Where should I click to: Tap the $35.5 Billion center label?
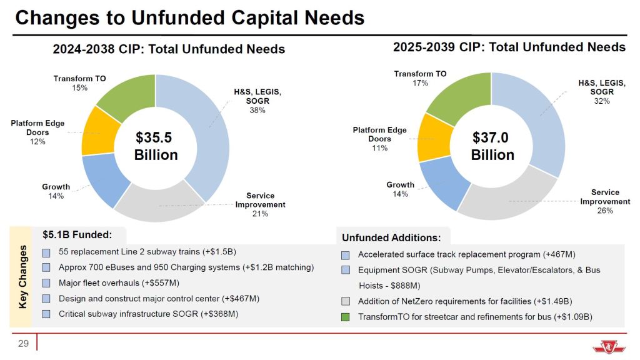[156, 146]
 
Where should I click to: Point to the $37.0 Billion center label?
[492, 146]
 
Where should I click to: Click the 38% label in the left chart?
[257, 111]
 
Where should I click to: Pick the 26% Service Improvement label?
[604, 211]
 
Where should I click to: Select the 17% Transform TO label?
[421, 82]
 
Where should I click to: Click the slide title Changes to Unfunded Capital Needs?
[190, 18]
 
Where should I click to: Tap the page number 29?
[23, 343]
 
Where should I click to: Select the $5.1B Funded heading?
[77, 235]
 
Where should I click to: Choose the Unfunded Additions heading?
[391, 237]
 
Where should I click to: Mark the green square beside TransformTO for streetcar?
[346, 317]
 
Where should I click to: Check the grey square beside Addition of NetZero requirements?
[346, 301]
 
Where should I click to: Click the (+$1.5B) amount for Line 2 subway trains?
[219, 252]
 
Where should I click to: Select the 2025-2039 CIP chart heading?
[509, 47]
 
